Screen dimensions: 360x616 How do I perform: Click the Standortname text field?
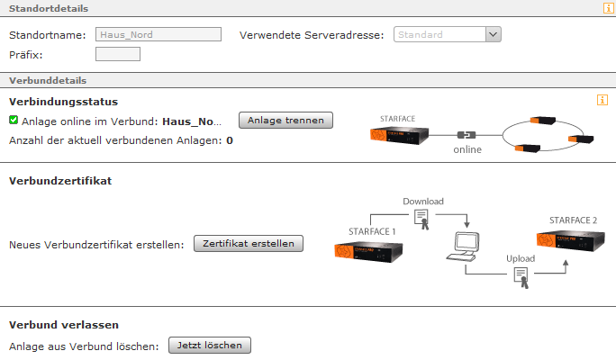pos(158,35)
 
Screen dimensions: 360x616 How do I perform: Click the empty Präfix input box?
pos(117,54)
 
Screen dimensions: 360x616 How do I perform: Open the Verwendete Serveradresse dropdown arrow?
pos(493,35)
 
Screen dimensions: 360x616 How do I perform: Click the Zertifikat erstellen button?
pos(249,244)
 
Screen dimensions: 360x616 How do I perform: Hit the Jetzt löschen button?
pos(210,345)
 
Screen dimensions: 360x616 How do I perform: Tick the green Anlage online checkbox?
pos(14,120)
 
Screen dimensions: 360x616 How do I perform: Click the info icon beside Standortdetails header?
pos(608,8)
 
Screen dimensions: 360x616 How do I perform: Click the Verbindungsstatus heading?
pos(63,102)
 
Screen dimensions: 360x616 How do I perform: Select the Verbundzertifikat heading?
pos(60,181)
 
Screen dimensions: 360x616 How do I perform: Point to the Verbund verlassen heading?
pos(64,324)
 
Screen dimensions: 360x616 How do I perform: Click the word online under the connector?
pos(467,149)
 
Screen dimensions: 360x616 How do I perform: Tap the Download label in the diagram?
pos(423,201)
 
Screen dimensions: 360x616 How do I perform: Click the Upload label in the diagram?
pos(521,258)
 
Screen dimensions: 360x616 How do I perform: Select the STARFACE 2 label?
pos(573,220)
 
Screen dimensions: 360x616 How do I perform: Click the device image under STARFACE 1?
pos(373,251)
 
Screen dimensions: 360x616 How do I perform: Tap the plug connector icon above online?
pos(467,134)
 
